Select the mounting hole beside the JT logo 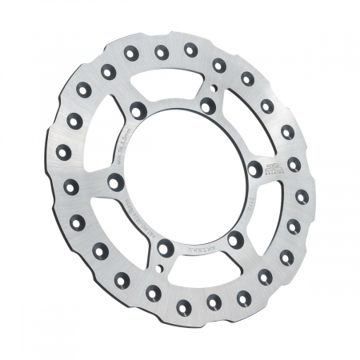[x=254, y=169]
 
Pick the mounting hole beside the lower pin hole [x=165, y=248]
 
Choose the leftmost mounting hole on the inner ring [x=117, y=182]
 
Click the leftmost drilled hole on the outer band [x=63, y=152]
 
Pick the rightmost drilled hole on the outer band [x=302, y=196]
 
